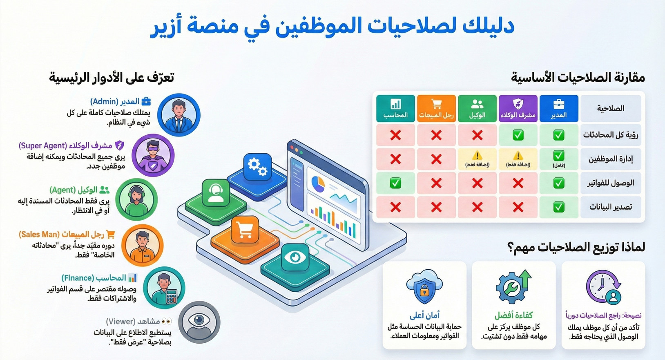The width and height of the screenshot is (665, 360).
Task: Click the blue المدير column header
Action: pyautogui.click(x=559, y=108)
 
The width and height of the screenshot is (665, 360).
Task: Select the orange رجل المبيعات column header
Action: pyautogui.click(x=436, y=108)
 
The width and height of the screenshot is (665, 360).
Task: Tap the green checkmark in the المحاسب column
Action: pyautogui.click(x=395, y=183)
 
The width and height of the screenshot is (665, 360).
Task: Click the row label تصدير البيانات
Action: pyautogui.click(x=611, y=207)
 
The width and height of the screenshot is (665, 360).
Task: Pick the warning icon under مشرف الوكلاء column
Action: pyautogui.click(x=518, y=155)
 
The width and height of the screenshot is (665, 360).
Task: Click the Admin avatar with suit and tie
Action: pyautogui.click(x=179, y=115)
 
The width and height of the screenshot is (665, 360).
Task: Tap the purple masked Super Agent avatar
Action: pyautogui.click(x=153, y=155)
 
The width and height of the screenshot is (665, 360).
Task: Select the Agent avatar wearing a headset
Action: pyautogui.click(x=136, y=199)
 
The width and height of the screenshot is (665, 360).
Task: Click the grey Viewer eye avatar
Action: pyautogui.click(x=199, y=322)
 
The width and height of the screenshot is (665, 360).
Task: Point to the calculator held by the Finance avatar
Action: pyautogui.click(x=172, y=296)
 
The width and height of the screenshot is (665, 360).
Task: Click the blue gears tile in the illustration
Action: pyautogui.click(x=257, y=167)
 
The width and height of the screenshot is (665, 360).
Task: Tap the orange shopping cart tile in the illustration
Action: pyautogui.click(x=245, y=230)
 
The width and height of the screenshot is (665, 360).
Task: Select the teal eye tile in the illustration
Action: pyautogui.click(x=295, y=257)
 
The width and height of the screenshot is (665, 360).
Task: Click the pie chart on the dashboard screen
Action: pyautogui.click(x=318, y=184)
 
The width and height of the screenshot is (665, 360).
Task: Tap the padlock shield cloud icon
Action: pyautogui.click(x=424, y=286)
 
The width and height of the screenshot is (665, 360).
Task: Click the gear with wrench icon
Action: pyautogui.click(x=513, y=286)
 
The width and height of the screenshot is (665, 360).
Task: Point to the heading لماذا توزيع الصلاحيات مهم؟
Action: pyautogui.click(x=576, y=248)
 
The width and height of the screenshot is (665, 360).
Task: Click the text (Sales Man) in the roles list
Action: pyautogui.click(x=39, y=235)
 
